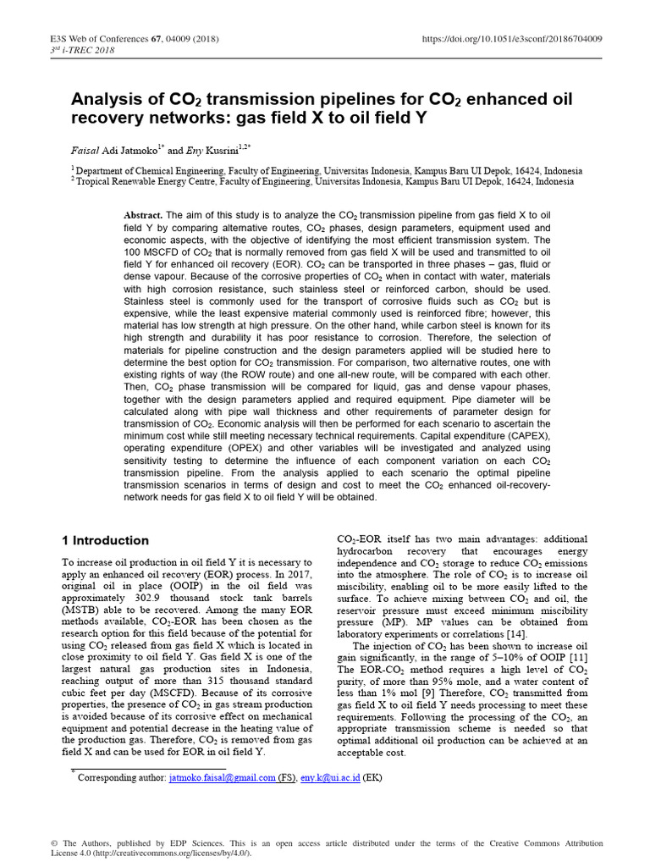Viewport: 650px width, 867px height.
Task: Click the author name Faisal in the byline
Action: pyautogui.click(x=85, y=150)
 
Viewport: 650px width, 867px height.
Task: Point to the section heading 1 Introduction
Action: pyautogui.click(x=107, y=540)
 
